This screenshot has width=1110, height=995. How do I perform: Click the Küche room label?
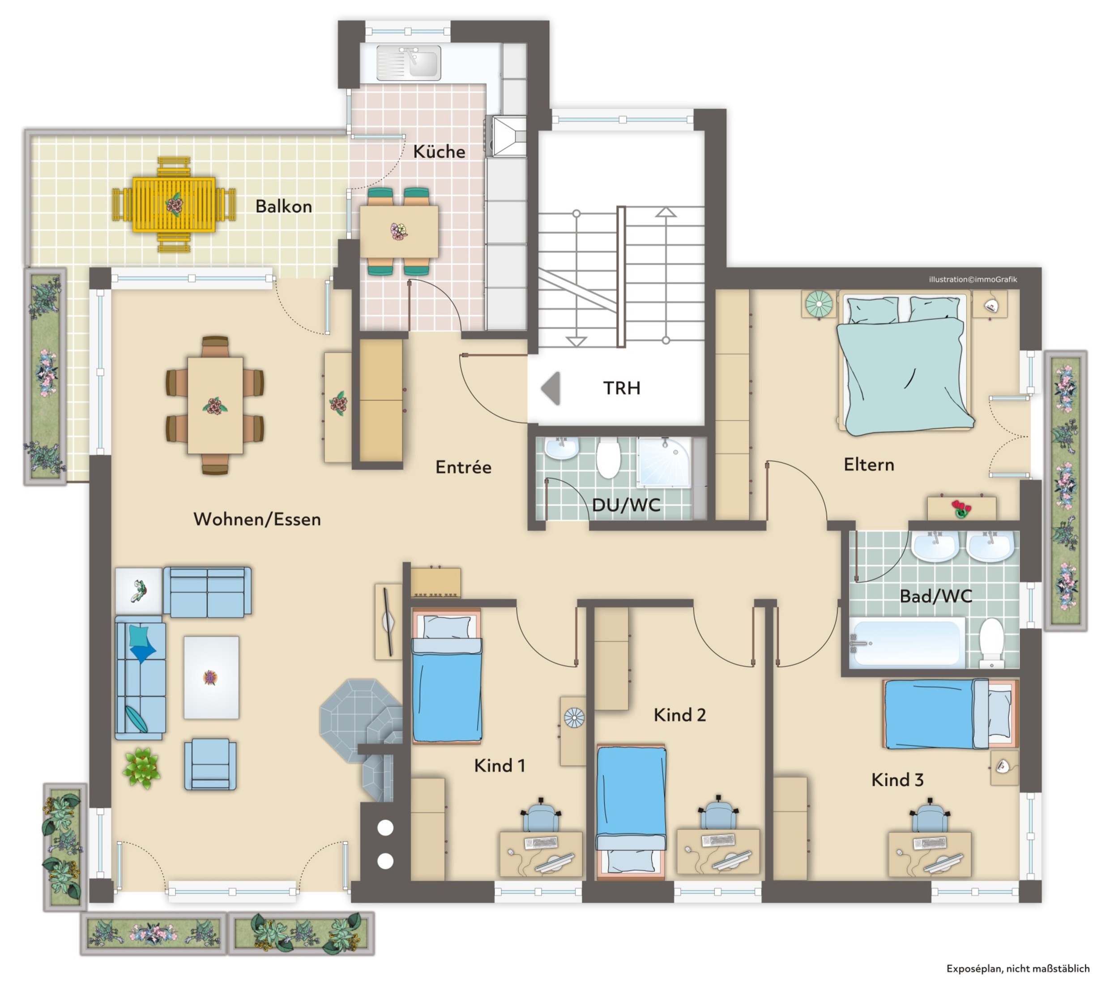click(439, 151)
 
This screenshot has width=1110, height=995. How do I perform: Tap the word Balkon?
click(283, 206)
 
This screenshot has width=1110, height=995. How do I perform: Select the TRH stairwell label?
click(621, 388)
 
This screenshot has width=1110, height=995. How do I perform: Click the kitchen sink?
click(409, 63)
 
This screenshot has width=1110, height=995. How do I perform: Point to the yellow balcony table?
click(174, 205)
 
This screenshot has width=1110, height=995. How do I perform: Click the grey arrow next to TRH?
click(551, 388)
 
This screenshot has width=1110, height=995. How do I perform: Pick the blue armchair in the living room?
click(210, 764)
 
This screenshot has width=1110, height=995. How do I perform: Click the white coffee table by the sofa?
click(211, 677)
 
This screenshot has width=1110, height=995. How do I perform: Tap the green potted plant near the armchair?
click(141, 768)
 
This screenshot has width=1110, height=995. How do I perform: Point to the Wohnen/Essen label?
click(257, 519)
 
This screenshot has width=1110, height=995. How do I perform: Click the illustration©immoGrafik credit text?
click(973, 279)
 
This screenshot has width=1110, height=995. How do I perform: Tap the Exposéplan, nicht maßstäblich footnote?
click(1018, 968)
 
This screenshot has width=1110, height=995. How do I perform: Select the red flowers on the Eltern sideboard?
click(961, 508)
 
